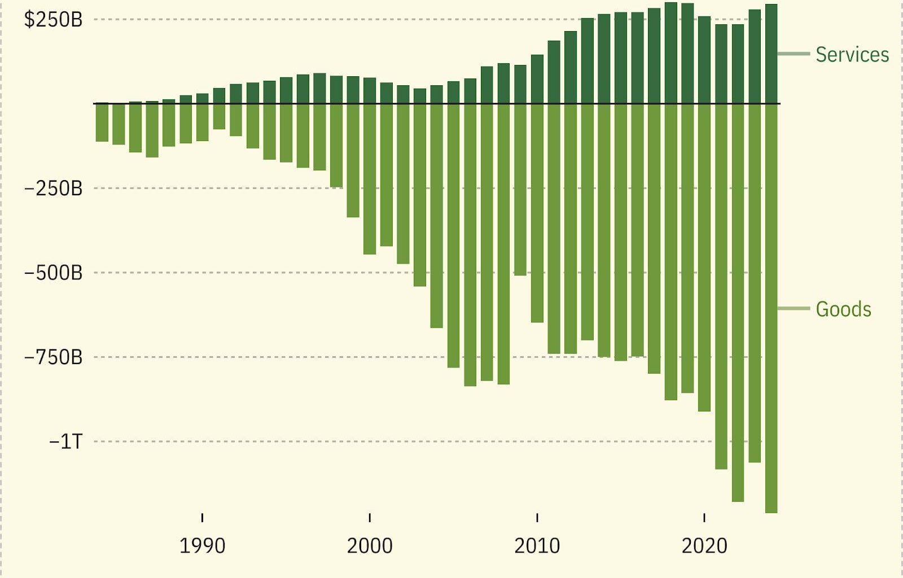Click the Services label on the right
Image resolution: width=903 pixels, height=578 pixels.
point(852,55)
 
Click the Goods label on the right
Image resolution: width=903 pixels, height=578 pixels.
point(843,309)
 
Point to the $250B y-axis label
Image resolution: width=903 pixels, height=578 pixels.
point(53,20)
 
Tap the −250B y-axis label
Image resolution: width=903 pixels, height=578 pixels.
point(53,189)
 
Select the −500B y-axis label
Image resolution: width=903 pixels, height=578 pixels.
point(53,273)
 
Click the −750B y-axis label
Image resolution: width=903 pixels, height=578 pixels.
point(53,357)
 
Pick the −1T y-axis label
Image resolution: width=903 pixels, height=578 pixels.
point(65,441)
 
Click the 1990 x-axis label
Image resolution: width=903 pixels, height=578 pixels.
point(202,546)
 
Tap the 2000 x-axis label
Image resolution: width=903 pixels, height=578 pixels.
point(370,546)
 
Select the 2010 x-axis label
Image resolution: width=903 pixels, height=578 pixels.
point(537,546)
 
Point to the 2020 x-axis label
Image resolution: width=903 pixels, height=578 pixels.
point(704,546)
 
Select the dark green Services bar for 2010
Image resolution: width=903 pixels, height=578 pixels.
point(537,79)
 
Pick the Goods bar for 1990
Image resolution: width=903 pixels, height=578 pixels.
point(202,122)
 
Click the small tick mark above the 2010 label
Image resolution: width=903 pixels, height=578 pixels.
point(537,518)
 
